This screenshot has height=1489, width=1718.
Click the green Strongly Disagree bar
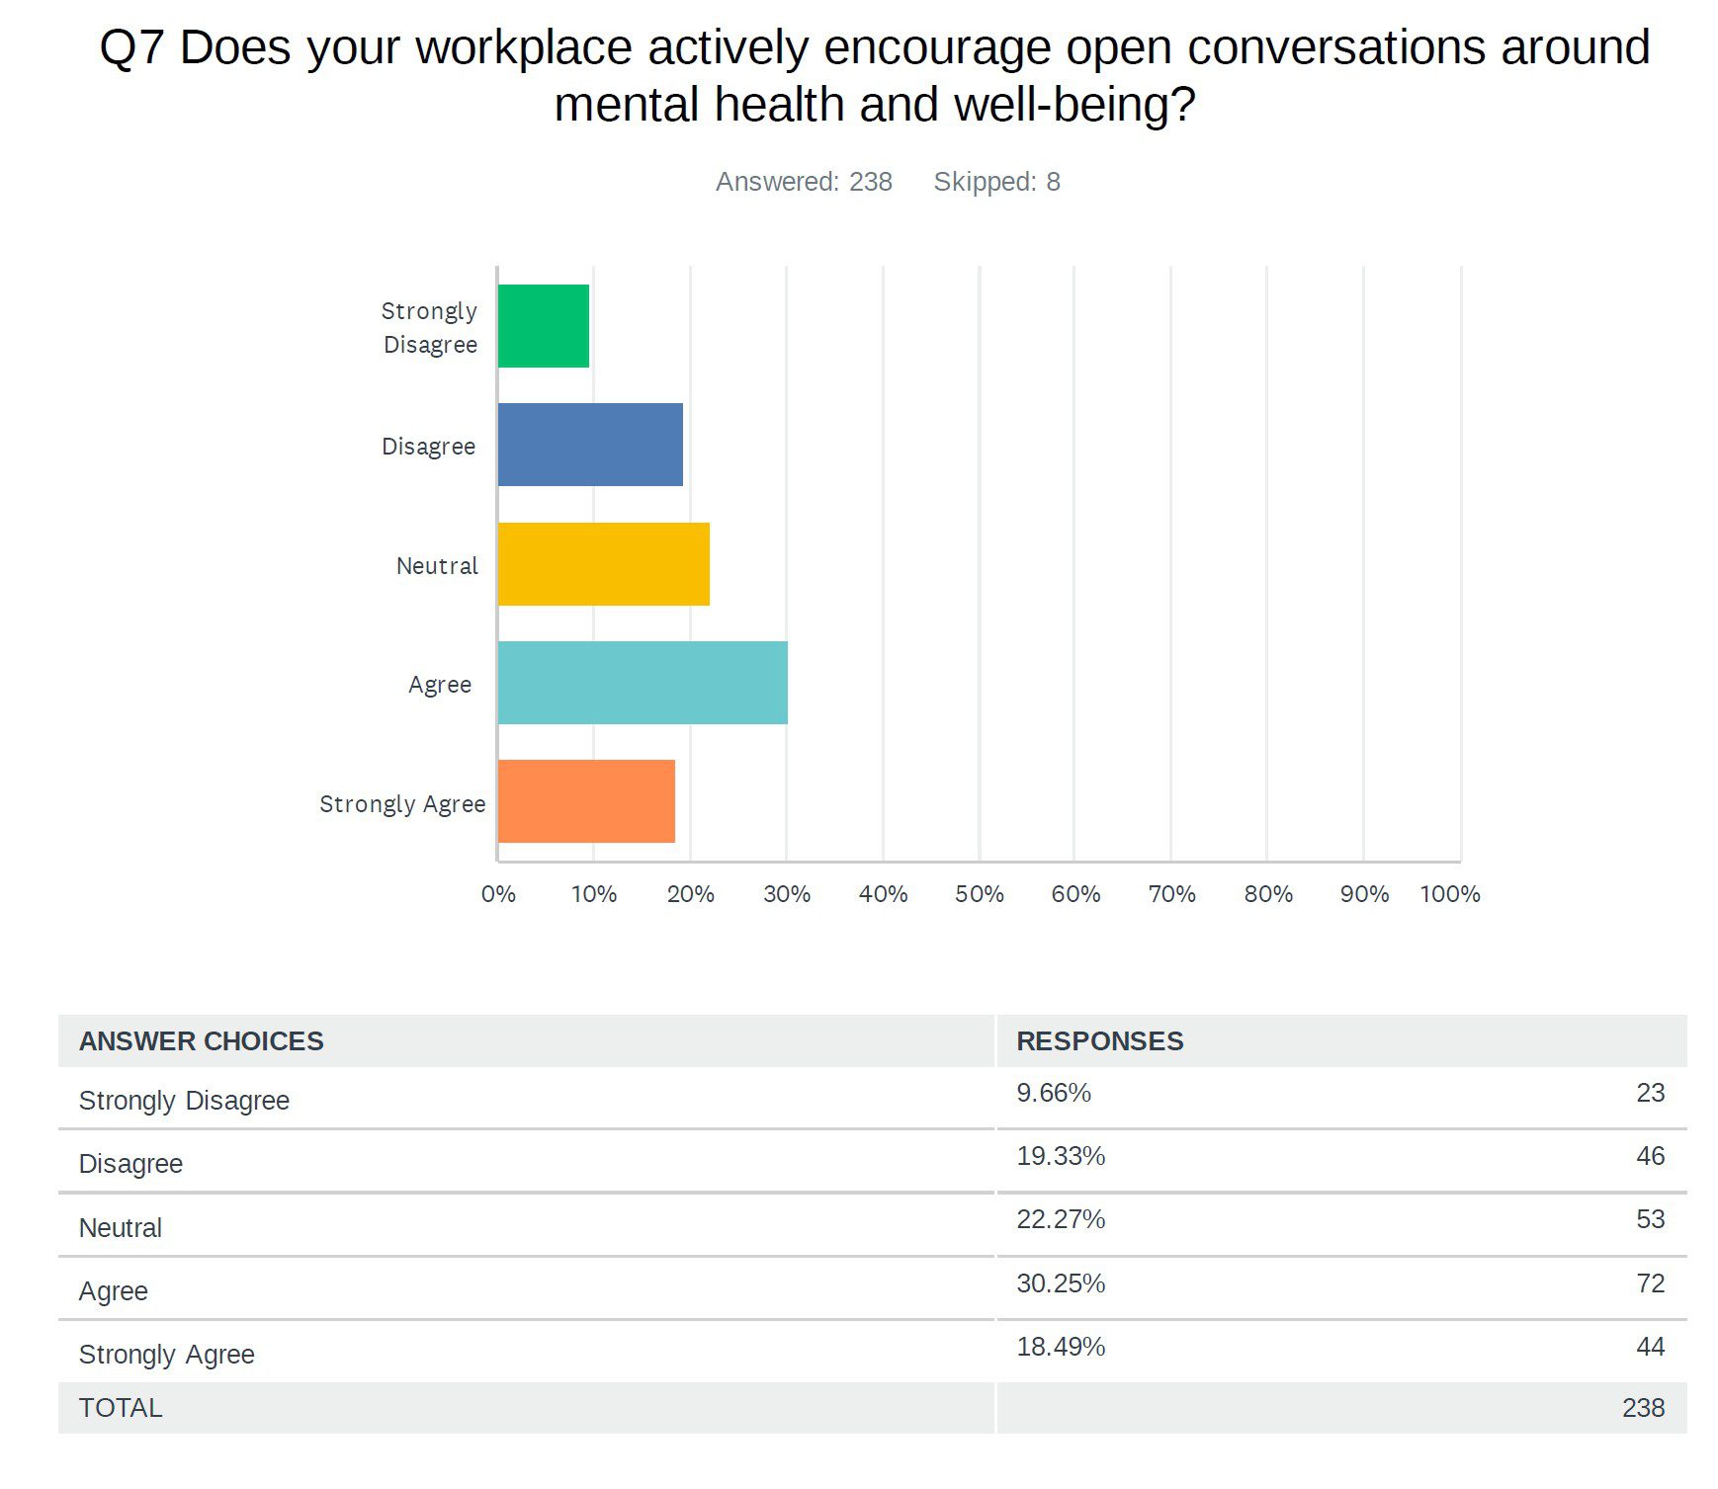pos(544,326)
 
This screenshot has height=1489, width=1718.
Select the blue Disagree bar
pos(590,445)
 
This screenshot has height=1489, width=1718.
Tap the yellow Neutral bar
pos(604,564)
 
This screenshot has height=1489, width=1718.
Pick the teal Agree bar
pos(643,683)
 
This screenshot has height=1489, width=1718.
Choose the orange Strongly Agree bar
pos(586,801)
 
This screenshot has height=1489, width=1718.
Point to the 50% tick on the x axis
pos(979,894)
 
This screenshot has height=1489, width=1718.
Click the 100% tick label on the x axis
pos(1449,894)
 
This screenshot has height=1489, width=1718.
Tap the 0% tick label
pos(498,894)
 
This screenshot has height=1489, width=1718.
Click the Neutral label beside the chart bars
pos(437,566)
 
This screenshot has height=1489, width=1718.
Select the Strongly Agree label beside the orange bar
pos(402,804)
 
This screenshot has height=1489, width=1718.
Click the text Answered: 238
pos(804,182)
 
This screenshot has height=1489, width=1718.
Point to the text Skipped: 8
pos(996,182)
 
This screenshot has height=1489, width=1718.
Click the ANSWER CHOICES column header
pos(202,1041)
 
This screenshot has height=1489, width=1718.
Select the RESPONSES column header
pos(1099,1041)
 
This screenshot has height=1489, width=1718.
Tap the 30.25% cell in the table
pos(1061,1283)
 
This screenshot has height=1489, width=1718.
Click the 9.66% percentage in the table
pos(1054,1093)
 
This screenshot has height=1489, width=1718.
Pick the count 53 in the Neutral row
pos(1650,1219)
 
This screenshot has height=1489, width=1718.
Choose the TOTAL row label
pos(121,1408)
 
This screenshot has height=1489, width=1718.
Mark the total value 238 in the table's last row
pos(1643,1408)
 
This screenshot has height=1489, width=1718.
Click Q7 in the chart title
pos(131,47)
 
